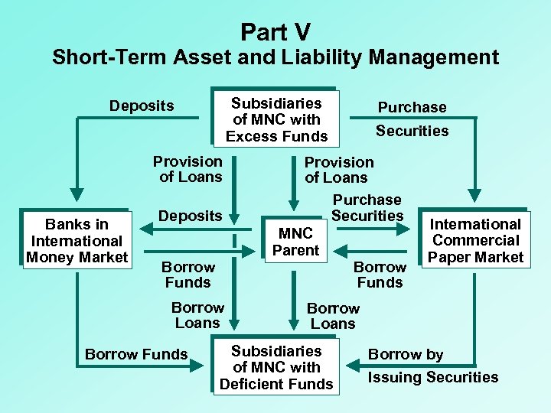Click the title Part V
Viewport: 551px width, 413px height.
(x=275, y=32)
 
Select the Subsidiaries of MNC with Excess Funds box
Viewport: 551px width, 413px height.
(x=276, y=119)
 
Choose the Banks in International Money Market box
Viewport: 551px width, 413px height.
(x=77, y=240)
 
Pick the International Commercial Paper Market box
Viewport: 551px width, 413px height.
(x=474, y=240)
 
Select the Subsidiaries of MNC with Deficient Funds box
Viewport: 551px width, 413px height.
(x=276, y=367)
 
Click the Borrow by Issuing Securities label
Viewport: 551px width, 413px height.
(x=432, y=366)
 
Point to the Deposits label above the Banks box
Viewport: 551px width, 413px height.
(x=142, y=106)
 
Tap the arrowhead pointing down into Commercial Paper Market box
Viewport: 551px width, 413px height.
(x=475, y=197)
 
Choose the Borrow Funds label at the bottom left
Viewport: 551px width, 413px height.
(x=136, y=354)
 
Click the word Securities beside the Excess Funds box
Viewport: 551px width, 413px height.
(x=412, y=131)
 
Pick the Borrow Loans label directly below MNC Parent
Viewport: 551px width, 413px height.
(x=333, y=316)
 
